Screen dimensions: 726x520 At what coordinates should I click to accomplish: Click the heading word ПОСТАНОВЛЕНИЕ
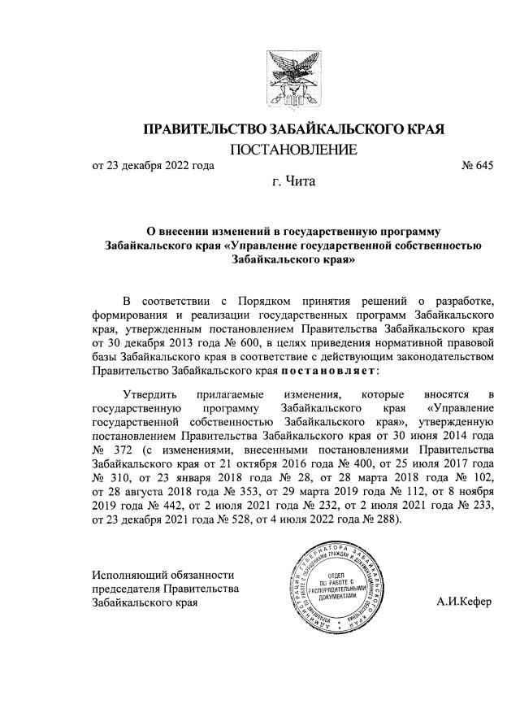(294, 150)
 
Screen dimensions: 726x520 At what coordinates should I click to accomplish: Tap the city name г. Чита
(293, 181)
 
